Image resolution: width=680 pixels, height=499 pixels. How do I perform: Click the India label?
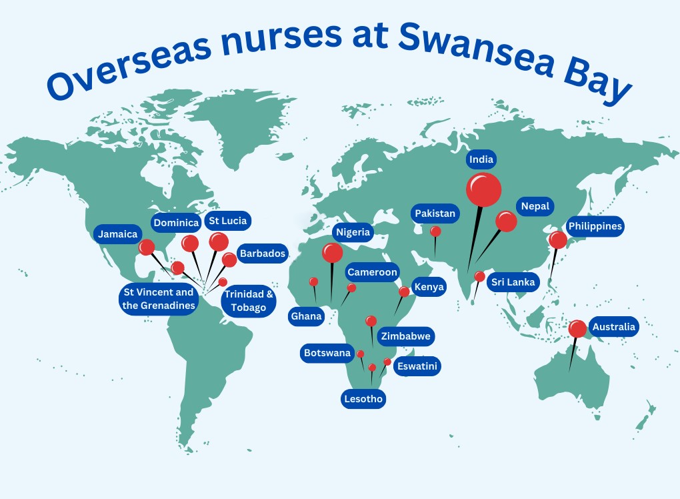point(481,159)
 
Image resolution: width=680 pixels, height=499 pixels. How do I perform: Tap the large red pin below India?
point(483,189)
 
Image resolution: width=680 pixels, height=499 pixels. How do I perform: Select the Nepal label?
point(535,206)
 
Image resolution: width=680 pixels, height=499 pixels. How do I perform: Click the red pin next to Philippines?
point(557,240)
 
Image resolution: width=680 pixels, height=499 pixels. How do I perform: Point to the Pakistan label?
point(435,213)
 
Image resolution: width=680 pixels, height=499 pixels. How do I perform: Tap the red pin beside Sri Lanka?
point(480,276)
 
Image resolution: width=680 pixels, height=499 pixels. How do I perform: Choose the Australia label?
point(613,328)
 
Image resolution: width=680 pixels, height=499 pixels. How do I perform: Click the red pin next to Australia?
point(577,328)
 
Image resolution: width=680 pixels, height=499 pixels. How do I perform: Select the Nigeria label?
point(353,233)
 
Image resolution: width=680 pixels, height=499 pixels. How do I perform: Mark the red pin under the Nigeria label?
point(332,253)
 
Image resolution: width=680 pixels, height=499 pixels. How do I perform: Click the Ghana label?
point(307,316)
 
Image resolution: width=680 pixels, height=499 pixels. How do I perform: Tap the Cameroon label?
point(372,272)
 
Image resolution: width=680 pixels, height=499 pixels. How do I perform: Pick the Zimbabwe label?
point(405,336)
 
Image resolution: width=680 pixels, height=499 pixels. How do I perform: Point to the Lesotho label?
point(363,399)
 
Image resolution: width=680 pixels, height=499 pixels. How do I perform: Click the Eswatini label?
point(417,366)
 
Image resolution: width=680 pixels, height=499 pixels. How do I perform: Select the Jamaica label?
point(117,234)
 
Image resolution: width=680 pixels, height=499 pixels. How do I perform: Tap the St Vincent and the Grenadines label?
point(158,299)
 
